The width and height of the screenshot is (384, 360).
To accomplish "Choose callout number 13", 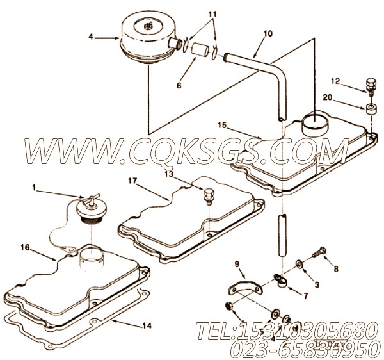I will tap(186, 174).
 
